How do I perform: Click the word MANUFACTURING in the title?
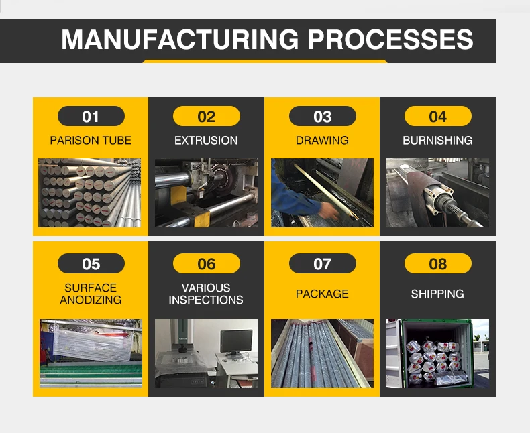pos(180,40)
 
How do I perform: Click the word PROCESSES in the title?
pos(391,40)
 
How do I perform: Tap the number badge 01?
pos(91,117)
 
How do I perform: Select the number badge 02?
pos(206,117)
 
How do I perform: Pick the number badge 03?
pos(322,117)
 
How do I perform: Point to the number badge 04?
pos(437,117)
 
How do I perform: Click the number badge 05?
pos(91,263)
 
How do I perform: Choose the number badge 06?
pos(206,263)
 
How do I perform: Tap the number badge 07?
pos(322,263)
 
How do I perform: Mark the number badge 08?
pos(437,263)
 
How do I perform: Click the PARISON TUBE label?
pos(91,141)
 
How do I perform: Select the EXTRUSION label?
pos(206,141)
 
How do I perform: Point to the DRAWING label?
pos(322,141)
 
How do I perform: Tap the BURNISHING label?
pos(437,141)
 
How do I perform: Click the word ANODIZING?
pos(91,300)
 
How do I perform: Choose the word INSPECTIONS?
pos(206,300)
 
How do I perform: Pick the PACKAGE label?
pos(322,294)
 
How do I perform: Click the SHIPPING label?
pos(437,294)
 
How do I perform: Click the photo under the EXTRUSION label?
pos(206,192)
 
